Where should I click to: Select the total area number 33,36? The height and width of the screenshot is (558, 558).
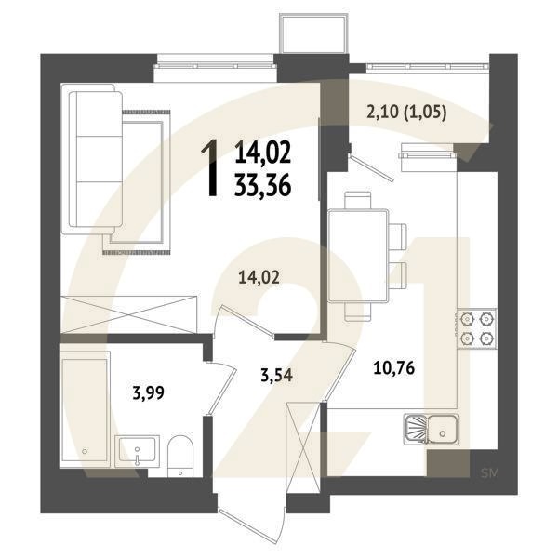(x=263, y=185)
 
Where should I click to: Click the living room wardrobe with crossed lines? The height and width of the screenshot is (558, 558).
(x=127, y=309)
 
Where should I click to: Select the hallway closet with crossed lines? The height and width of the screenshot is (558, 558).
(x=302, y=445)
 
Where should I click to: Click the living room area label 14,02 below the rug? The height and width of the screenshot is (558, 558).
(x=258, y=275)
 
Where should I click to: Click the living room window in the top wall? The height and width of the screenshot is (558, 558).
(x=215, y=63)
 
